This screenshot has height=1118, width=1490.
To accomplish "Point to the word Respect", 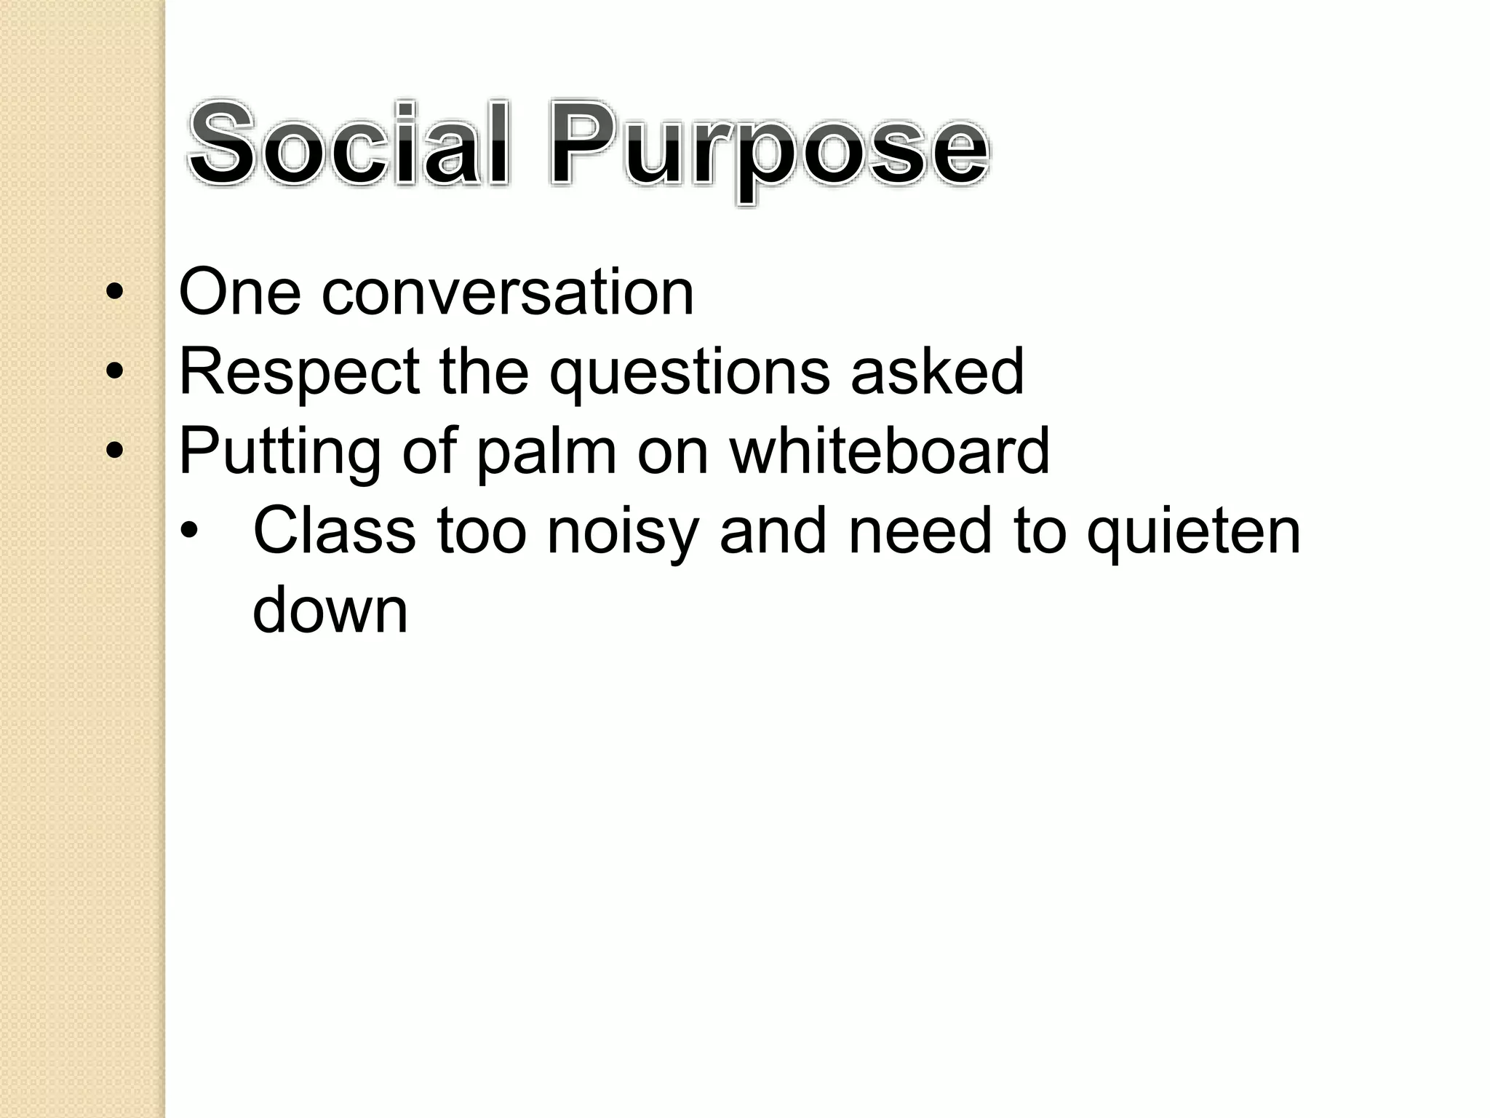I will click(x=299, y=373).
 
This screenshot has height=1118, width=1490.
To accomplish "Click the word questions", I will click(x=689, y=373).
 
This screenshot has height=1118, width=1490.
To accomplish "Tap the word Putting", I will click(x=279, y=453).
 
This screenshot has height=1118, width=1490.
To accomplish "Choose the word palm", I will click(x=546, y=453).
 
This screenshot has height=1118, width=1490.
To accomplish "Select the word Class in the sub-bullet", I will click(x=334, y=531).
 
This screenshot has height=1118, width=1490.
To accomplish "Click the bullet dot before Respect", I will click(x=114, y=373).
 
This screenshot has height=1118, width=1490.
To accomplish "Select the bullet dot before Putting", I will click(x=114, y=452).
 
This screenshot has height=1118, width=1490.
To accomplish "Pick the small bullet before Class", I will click(x=189, y=531).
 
